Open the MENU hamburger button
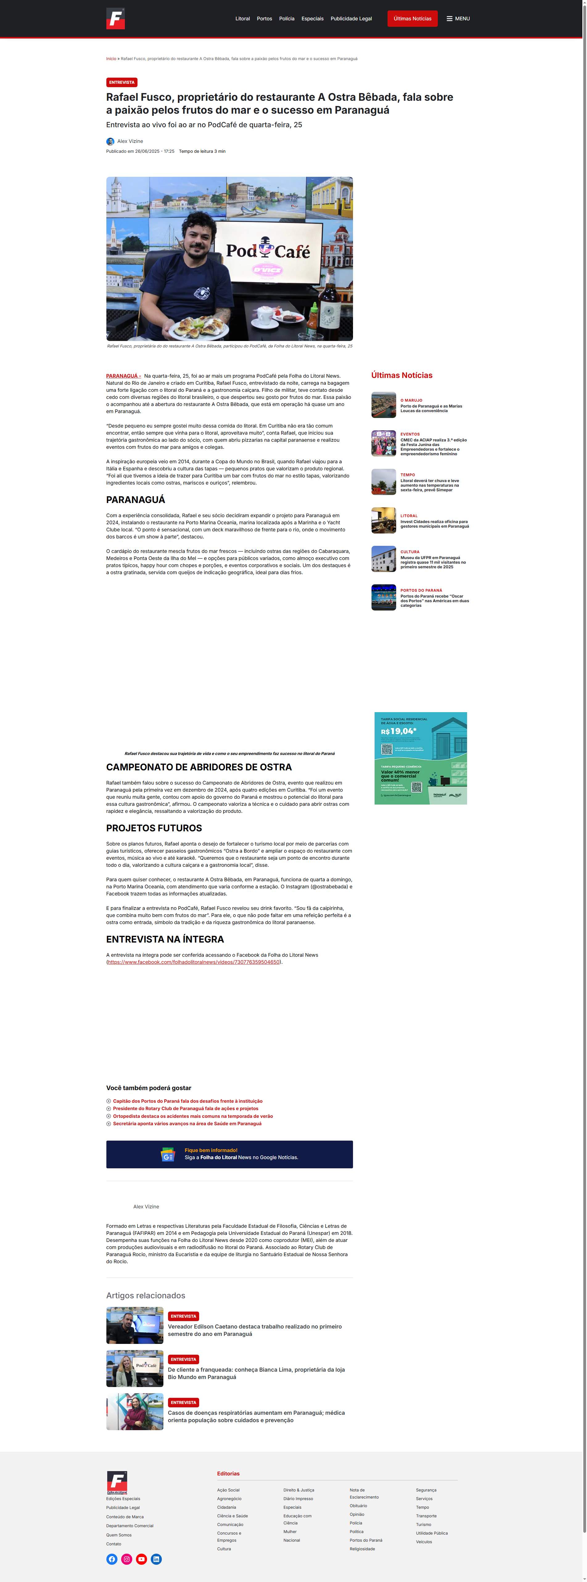click(x=458, y=18)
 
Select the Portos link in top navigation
click(x=264, y=18)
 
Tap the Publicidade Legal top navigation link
click(x=351, y=18)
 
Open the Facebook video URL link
click(x=194, y=962)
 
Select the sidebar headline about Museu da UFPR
click(x=433, y=562)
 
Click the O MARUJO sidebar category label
click(x=411, y=400)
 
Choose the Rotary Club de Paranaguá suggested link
click(x=185, y=1109)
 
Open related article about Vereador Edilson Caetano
click(x=254, y=1330)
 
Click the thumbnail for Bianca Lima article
click(x=135, y=1368)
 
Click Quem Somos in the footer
click(x=119, y=1535)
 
